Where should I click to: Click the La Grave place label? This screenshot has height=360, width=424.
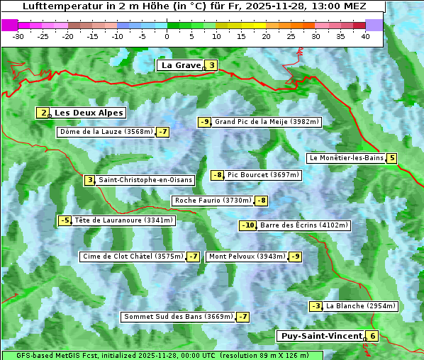click(x=181, y=65)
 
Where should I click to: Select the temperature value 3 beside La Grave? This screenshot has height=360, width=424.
click(x=211, y=65)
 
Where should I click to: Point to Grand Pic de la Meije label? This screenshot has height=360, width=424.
click(x=267, y=122)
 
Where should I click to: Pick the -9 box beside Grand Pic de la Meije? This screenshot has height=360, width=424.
click(x=205, y=122)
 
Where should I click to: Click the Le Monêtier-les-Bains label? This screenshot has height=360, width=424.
click(x=345, y=158)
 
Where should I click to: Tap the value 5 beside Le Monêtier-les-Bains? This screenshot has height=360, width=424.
click(x=391, y=158)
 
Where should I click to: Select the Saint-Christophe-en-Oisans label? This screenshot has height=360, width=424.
click(x=145, y=180)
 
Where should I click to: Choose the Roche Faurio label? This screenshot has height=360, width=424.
click(x=213, y=201)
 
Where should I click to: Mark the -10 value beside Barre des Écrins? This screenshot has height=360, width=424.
click(x=247, y=225)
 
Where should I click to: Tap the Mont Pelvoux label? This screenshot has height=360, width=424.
click(x=247, y=257)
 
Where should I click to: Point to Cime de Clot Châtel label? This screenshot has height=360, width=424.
click(x=133, y=257)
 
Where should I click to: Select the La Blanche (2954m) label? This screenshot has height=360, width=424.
click(x=361, y=306)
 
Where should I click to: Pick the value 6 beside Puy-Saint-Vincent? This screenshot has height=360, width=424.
click(x=373, y=336)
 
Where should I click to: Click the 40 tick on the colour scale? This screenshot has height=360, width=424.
click(x=365, y=36)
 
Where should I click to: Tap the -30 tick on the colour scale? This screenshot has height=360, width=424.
click(x=18, y=36)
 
